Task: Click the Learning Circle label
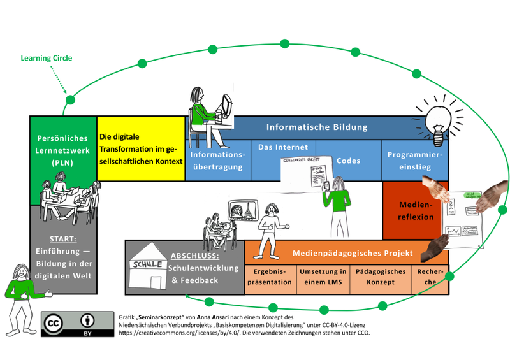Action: click(x=47, y=59)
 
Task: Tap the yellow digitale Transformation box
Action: click(x=140, y=148)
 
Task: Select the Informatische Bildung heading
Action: click(x=317, y=127)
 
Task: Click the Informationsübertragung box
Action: click(x=217, y=161)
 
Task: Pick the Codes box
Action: click(x=349, y=161)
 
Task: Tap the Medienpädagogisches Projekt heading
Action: click(x=353, y=253)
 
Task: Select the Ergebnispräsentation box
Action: click(x=270, y=277)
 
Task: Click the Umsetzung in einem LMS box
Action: click(x=323, y=277)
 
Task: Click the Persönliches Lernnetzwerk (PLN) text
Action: click(x=63, y=150)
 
